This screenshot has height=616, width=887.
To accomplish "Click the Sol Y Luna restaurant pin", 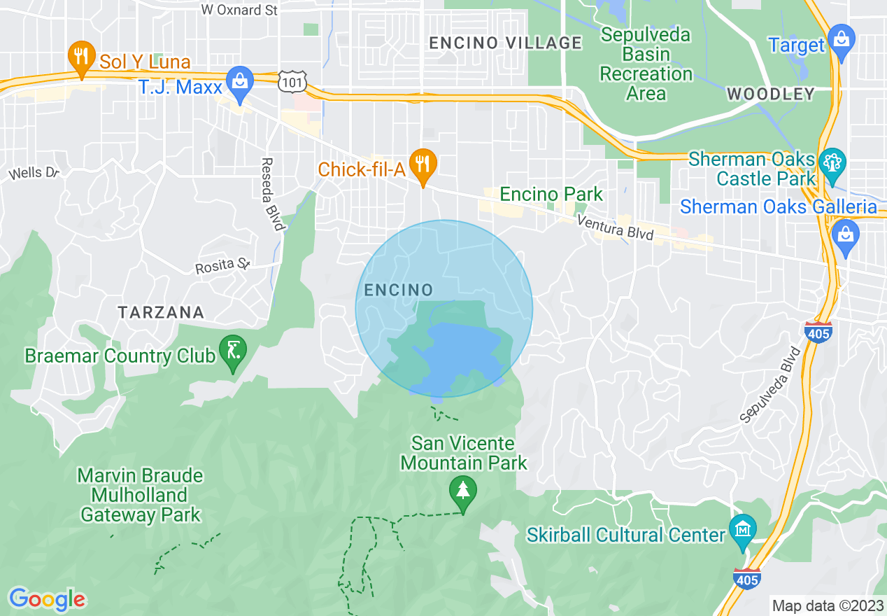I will tap(81, 55).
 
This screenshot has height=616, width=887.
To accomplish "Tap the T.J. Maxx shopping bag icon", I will tap(240, 79).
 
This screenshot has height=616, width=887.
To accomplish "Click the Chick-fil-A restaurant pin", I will tap(423, 164).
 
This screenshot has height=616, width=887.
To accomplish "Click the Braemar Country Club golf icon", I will tap(232, 349).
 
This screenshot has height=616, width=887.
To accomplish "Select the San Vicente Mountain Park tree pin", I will tap(462, 489).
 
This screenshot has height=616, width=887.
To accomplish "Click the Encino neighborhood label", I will tap(399, 290).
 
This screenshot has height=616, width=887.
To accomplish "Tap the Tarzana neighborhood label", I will tap(161, 312).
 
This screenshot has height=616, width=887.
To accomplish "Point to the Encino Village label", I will tap(505, 43).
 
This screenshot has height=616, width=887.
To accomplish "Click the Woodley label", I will tap(771, 94).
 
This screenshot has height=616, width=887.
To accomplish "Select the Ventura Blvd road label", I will tap(616, 228).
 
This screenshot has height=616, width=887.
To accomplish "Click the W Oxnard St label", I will tap(239, 10).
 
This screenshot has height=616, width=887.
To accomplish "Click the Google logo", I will tap(48, 599).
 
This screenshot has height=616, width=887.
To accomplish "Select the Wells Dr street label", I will tap(34, 172).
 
